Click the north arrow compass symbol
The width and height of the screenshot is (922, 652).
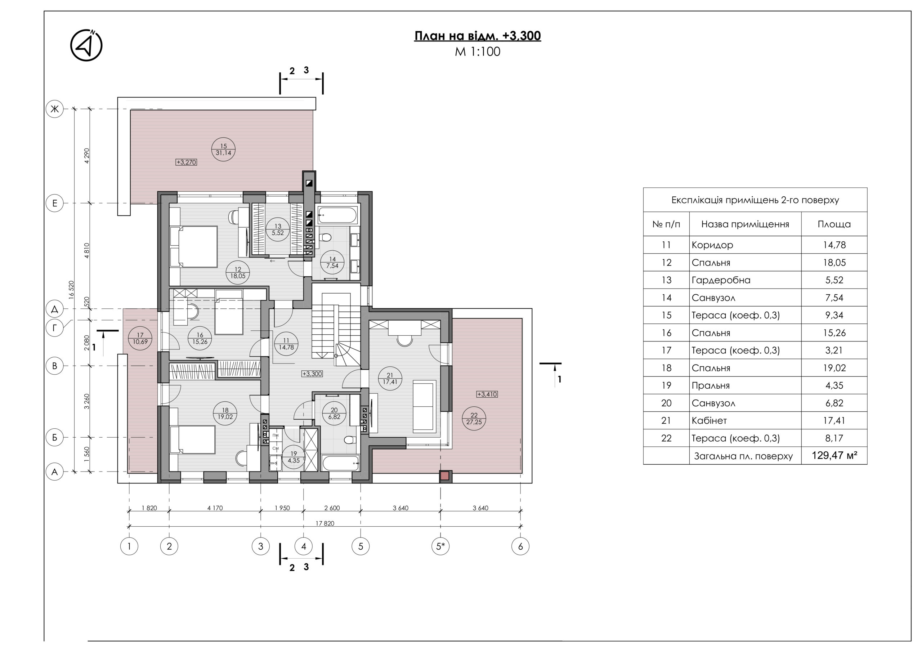click(86, 45)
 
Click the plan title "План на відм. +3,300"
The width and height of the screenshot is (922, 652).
click(478, 36)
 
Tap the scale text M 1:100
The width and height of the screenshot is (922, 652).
click(478, 52)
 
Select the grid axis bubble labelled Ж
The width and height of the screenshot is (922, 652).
click(55, 109)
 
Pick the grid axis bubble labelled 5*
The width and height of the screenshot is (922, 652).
click(440, 546)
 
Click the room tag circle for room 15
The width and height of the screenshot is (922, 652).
click(223, 149)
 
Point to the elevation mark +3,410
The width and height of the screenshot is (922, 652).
click(487, 394)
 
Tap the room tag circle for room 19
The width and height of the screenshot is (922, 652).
click(294, 457)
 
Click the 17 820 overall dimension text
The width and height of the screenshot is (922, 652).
click(325, 523)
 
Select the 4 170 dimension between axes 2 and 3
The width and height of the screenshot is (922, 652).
click(215, 508)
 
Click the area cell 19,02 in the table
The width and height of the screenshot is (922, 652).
click(834, 368)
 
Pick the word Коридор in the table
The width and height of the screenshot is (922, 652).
click(712, 245)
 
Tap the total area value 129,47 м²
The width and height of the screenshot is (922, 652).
click(834, 455)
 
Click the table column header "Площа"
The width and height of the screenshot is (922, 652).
click(834, 224)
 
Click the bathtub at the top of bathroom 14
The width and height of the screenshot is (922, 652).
click(337, 215)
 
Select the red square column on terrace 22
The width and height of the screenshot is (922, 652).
click(444, 476)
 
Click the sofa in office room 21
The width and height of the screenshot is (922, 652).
click(425, 407)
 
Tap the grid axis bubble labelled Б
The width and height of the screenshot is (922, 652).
click(55, 437)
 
